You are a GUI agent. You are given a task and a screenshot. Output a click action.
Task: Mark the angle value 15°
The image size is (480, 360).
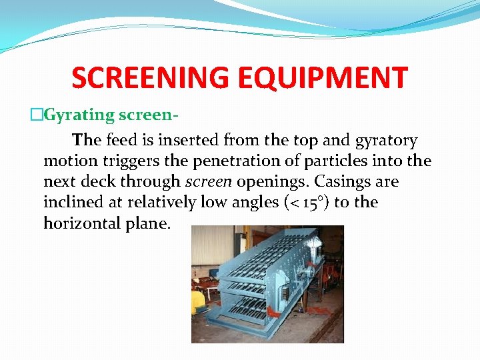(x=308, y=202)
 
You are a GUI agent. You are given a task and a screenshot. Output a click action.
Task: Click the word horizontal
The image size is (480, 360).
(x=82, y=223)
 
